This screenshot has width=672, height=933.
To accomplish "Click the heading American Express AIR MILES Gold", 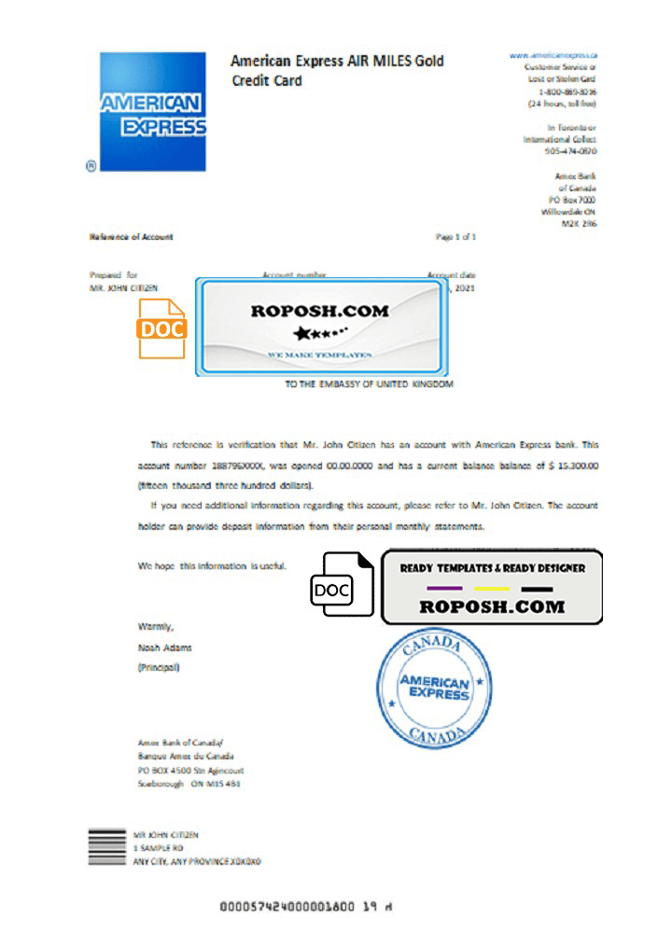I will point(337,62).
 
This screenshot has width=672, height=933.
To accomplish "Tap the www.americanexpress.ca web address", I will point(553,56).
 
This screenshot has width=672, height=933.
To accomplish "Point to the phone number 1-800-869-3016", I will point(568,92).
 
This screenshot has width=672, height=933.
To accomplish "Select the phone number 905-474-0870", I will point(570,150).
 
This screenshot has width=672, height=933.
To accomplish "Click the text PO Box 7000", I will point(572,199).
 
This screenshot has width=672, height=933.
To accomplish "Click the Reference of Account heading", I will point(131,237).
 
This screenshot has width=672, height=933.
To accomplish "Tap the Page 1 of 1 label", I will point(455,237).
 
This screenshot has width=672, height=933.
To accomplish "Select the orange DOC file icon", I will point(162,328).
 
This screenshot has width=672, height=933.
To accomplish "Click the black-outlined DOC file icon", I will point(342,588).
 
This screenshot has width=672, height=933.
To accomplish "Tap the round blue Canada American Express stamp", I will point(434,689).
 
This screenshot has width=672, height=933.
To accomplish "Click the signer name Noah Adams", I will point(164,647).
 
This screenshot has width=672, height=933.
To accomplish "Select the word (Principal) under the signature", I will point(159,668).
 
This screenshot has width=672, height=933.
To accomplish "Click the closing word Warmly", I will point(155,626).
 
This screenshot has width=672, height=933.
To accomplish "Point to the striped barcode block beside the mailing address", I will point(107,847).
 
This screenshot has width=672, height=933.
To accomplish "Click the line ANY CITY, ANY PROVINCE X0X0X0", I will point(197,862).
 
